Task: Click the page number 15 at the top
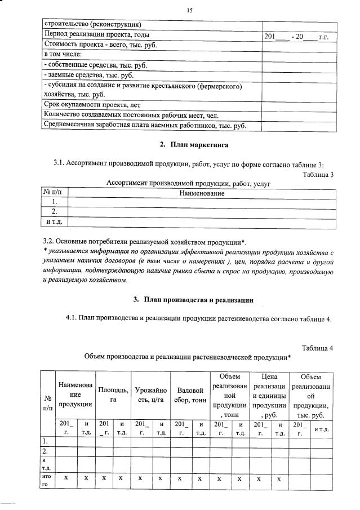pyautogui.click(x=189, y=10)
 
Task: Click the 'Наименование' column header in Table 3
pyautogui.click(x=201, y=193)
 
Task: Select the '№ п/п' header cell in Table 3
pyautogui.click(x=55, y=193)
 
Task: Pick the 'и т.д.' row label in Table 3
pyautogui.click(x=55, y=222)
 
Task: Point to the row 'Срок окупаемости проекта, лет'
pyautogui.click(x=92, y=105)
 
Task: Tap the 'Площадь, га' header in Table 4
pyautogui.click(x=113, y=394)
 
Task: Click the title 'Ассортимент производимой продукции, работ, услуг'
pyautogui.click(x=189, y=183)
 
